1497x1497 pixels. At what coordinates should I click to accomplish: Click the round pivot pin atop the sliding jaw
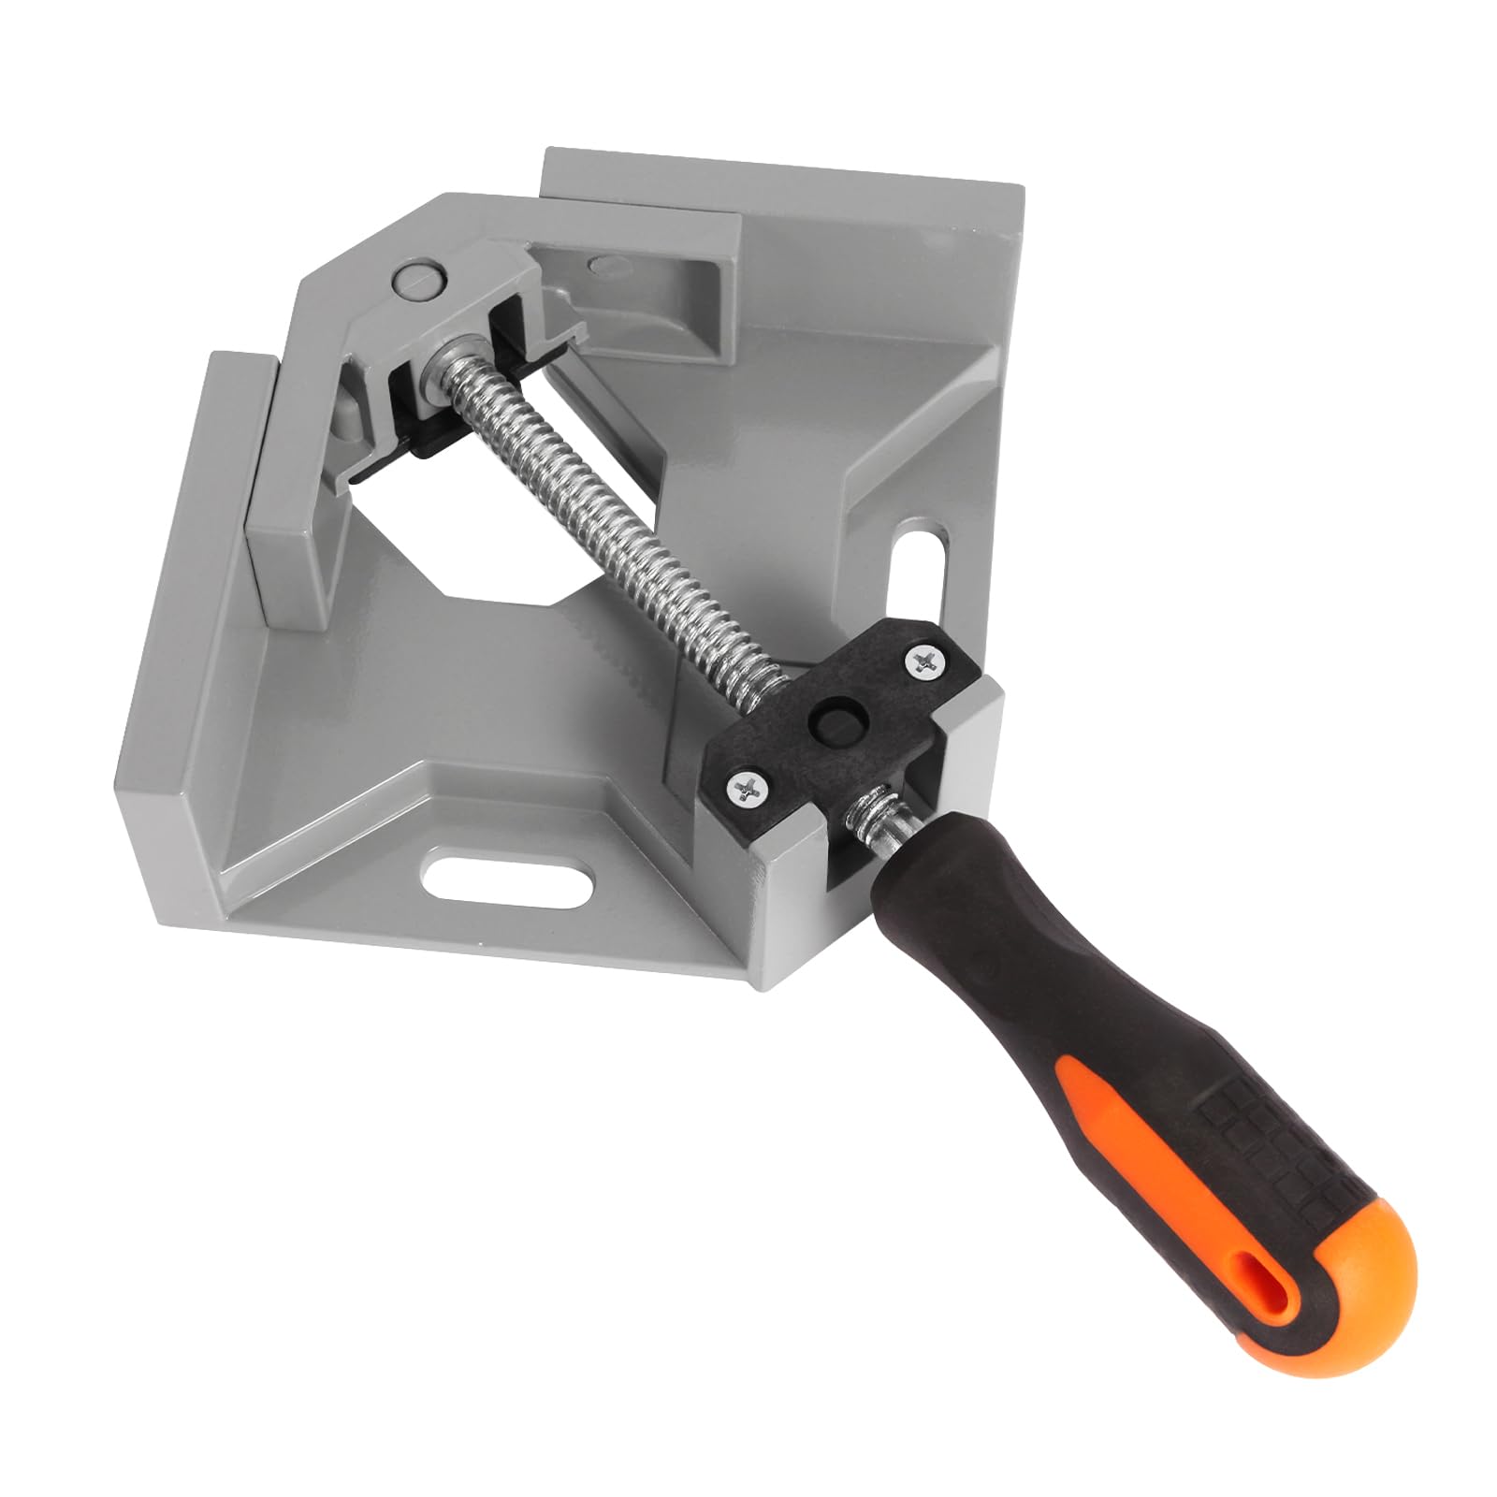tap(417, 279)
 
